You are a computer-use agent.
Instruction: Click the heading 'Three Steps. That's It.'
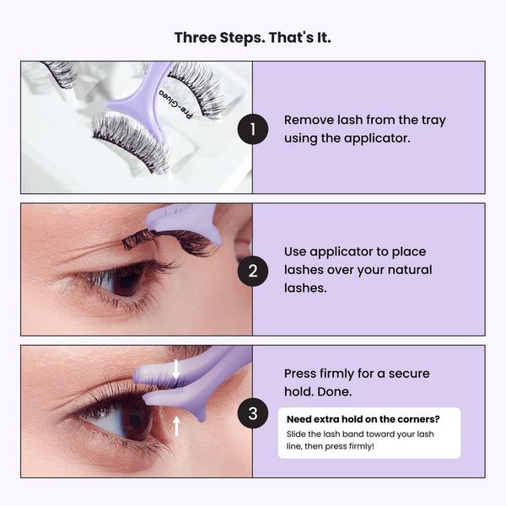[x=253, y=37]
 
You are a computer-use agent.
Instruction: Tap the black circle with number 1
[x=252, y=129]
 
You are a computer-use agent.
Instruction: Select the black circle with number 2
[x=252, y=271]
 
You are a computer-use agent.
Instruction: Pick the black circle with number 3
[x=252, y=412]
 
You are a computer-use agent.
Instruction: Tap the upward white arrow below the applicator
[x=176, y=425]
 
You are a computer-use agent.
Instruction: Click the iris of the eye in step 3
[x=135, y=419]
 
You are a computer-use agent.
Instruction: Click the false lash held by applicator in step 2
[x=169, y=240]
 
